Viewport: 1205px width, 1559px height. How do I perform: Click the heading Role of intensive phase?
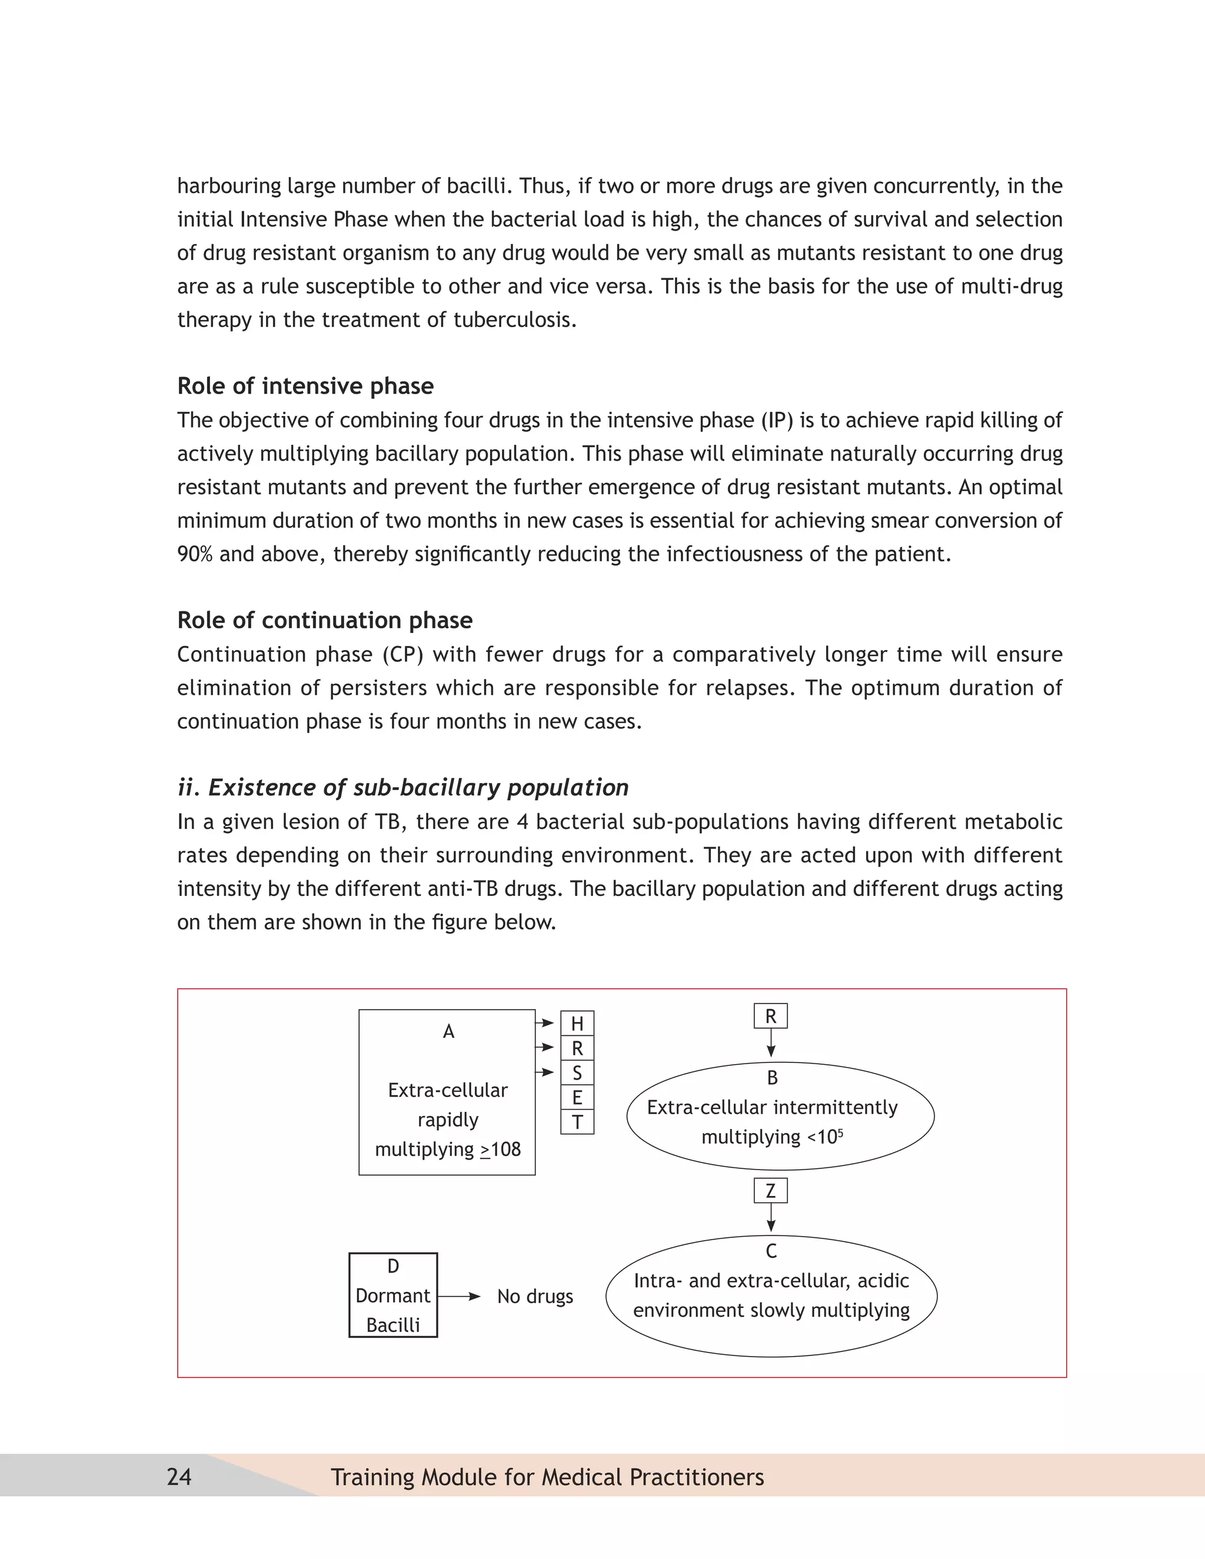[x=305, y=386]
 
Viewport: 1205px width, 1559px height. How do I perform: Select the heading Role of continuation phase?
[x=324, y=620]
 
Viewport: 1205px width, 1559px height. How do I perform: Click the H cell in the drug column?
[x=577, y=1024]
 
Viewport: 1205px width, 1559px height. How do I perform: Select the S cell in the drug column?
[x=577, y=1073]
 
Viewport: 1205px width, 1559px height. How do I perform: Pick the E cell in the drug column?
[x=577, y=1097]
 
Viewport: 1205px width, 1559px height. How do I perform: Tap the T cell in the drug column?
[x=577, y=1122]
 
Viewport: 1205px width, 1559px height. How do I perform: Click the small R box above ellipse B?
[x=770, y=1017]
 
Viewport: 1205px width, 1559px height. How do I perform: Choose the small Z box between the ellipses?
[x=770, y=1191]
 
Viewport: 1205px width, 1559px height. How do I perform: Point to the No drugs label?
[x=535, y=1296]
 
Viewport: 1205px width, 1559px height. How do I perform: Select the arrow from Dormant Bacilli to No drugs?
[x=459, y=1296]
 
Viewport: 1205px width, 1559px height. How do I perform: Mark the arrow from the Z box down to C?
[x=770, y=1217]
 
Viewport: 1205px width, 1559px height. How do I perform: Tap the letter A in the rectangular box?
[x=448, y=1031]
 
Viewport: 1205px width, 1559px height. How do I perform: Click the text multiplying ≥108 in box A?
[x=448, y=1150]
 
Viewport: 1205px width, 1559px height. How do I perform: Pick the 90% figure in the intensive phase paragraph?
[x=195, y=554]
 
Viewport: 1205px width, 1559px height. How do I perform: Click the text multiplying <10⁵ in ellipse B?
[x=772, y=1137]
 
